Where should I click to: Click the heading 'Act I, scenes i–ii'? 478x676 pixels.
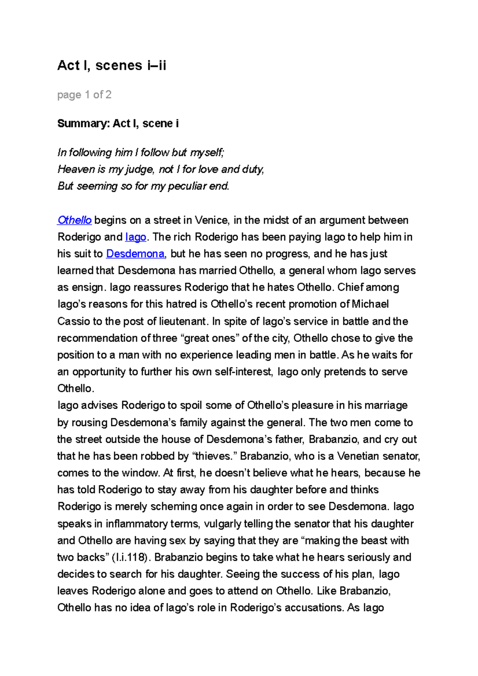(112, 65)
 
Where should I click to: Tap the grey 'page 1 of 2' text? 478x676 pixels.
(84, 95)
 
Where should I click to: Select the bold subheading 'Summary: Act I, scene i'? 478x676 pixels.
(118, 123)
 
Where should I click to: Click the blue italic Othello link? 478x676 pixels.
(74, 220)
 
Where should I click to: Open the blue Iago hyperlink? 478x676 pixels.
(135, 237)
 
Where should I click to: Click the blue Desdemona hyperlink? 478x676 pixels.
(135, 254)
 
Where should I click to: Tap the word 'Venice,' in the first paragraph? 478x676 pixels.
(212, 220)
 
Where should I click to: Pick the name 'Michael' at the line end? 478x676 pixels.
(370, 304)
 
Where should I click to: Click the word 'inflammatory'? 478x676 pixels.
(137, 524)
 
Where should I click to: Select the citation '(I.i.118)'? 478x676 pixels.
(131, 557)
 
